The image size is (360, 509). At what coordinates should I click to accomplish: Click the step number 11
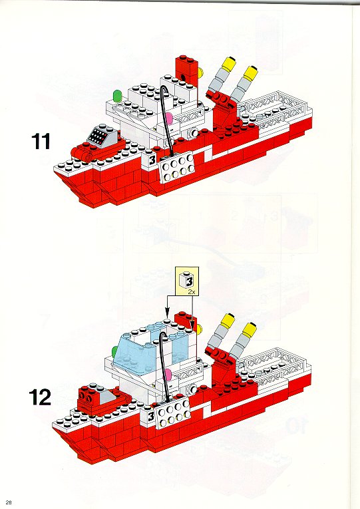coord(41,142)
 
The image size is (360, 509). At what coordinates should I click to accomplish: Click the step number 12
coord(40,397)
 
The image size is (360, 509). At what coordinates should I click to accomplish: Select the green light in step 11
coord(117,95)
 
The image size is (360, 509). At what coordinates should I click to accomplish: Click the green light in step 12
coord(114,351)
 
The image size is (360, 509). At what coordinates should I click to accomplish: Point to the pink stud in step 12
coord(168,375)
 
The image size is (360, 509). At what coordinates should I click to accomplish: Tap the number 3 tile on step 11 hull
coord(152,160)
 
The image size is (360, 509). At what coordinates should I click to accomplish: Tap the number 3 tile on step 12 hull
coord(151,416)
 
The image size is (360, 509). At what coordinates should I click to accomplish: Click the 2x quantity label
coord(192,292)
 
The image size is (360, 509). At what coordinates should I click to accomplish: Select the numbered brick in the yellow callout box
coord(187,280)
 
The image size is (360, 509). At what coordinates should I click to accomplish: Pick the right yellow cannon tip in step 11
coord(251,73)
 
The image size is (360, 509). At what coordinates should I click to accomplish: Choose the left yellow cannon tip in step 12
coord(228,320)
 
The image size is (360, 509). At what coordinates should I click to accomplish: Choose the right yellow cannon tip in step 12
coord(250,329)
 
